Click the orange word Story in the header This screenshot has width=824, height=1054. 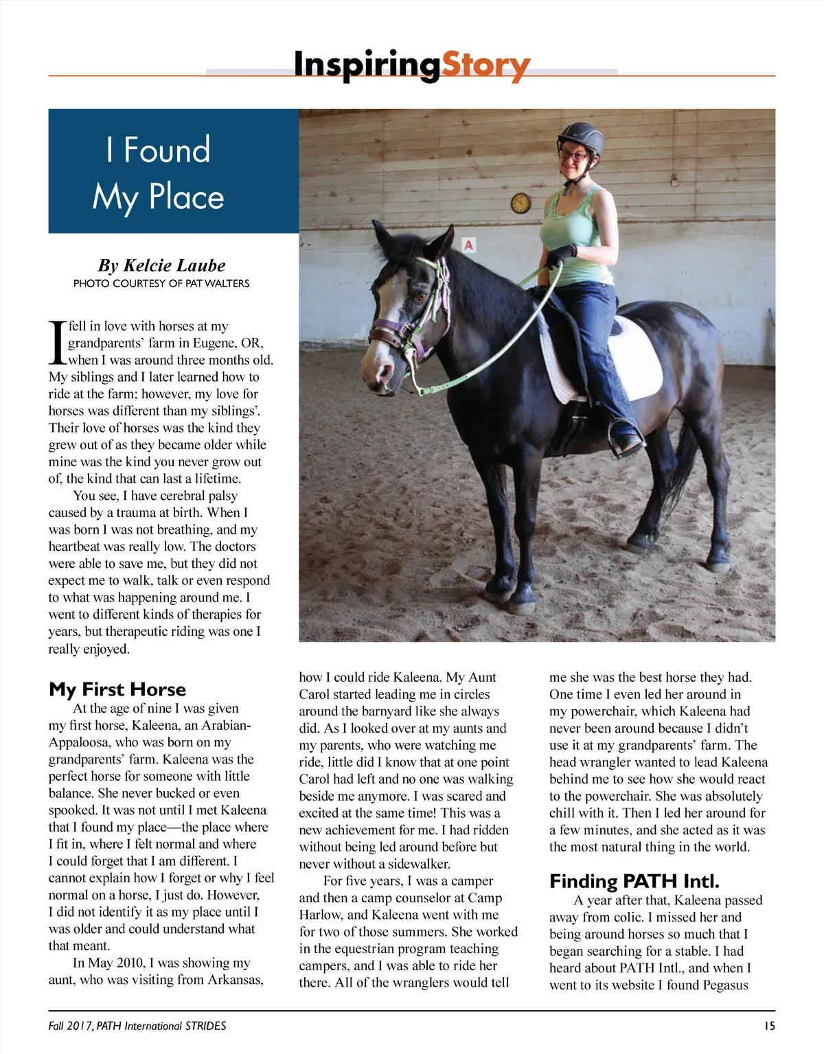(x=485, y=66)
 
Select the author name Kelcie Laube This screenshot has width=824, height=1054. (x=161, y=266)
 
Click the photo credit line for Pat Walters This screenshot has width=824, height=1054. (x=161, y=283)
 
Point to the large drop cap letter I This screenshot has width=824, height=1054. (x=57, y=343)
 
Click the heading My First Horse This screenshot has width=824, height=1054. (x=117, y=689)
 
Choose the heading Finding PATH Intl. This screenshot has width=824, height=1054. (x=634, y=881)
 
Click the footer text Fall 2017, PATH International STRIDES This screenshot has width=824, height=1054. (x=137, y=1026)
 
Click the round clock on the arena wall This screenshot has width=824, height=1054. (x=520, y=203)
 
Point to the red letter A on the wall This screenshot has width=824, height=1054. (x=470, y=245)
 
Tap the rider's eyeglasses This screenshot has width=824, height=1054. (x=574, y=156)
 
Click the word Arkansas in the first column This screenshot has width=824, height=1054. (x=236, y=980)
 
